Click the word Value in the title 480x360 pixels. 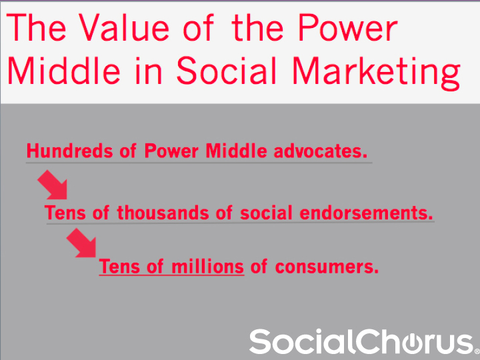click(x=123, y=28)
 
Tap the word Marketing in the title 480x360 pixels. click(x=376, y=72)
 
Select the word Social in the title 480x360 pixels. click(x=227, y=71)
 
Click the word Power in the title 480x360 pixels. click(x=347, y=28)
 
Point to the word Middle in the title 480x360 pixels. click(x=64, y=71)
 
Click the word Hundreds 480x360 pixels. click(x=69, y=151)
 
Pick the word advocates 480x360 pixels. click(x=320, y=151)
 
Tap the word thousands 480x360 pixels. click(x=163, y=213)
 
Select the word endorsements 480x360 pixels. click(x=366, y=213)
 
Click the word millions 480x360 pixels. click(x=207, y=267)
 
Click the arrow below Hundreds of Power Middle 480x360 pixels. click(x=53, y=185)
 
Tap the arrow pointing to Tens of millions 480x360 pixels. click(x=81, y=243)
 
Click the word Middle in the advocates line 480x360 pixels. click(x=236, y=151)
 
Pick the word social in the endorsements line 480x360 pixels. click(x=266, y=213)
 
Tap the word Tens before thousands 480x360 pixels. click(x=65, y=213)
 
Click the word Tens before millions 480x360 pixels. click(x=119, y=267)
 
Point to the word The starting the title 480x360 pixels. click(x=36, y=28)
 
